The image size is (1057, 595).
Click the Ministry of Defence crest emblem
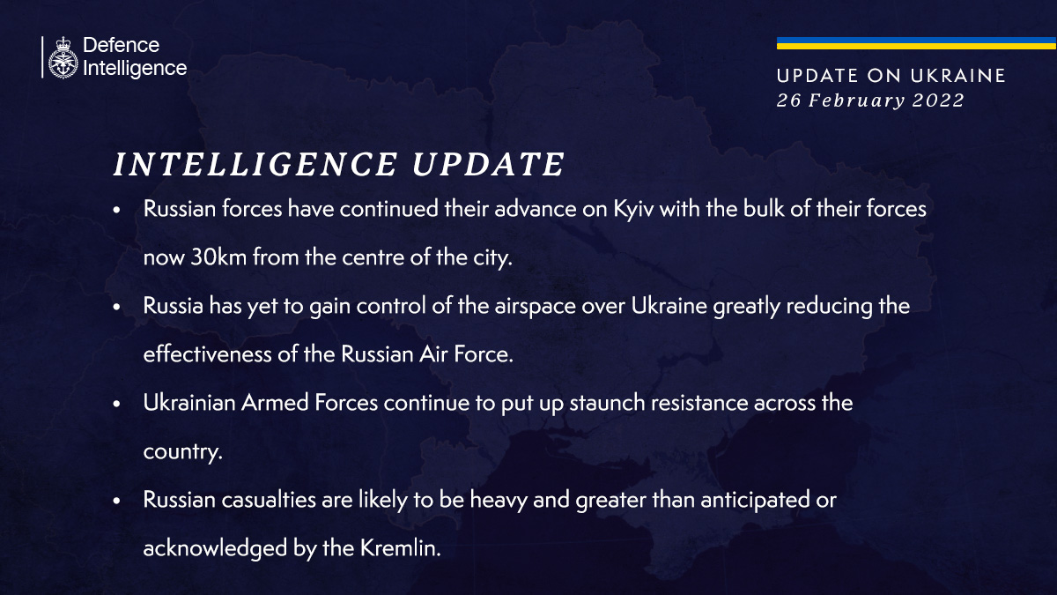[63, 57]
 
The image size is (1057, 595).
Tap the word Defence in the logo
[121, 45]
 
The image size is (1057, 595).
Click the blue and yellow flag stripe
[916, 43]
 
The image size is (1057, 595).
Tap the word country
[182, 451]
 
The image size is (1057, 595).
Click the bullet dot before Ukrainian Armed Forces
[116, 405]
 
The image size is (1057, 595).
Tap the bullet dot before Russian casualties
[116, 501]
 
